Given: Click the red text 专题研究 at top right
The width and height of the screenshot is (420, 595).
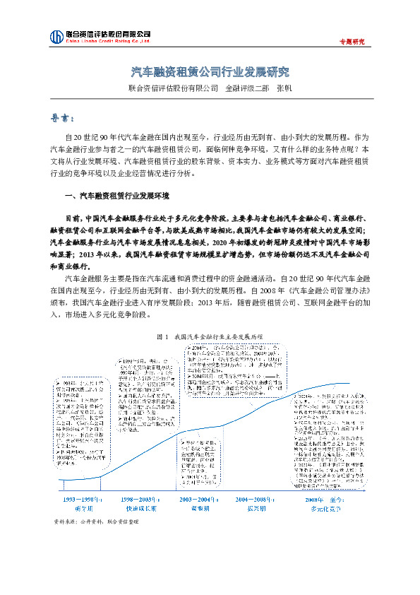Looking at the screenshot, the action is (352, 41).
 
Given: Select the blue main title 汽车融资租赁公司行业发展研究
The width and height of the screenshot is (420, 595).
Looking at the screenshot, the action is (210, 72).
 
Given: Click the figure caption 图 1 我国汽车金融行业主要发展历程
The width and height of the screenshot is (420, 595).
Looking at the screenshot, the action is (210, 338).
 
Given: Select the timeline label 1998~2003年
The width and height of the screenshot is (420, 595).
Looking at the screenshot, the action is (139, 499).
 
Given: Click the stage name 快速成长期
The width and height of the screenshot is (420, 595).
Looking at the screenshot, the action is (139, 507).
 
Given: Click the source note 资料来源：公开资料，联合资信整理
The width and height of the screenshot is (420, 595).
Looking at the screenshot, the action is (97, 522).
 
